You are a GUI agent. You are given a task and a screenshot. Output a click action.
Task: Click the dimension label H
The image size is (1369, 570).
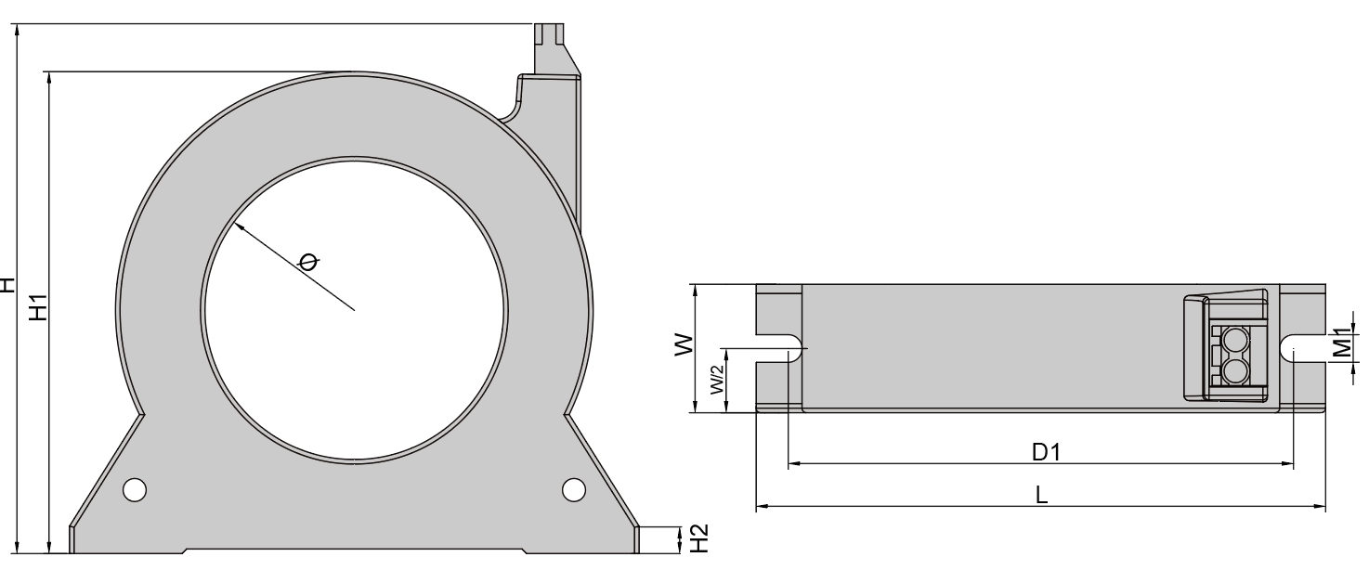point(7,285)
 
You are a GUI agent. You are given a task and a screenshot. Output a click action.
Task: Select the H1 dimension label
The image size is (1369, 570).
point(38,307)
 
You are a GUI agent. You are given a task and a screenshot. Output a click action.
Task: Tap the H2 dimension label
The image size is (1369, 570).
point(699,538)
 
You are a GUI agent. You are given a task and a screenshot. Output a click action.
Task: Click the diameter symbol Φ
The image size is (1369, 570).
point(308,262)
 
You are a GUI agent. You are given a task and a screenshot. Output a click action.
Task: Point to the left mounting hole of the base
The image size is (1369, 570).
point(135,490)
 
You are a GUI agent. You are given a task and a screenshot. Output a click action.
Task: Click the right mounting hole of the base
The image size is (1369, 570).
point(573,490)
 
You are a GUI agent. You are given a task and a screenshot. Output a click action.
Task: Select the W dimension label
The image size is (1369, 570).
point(684,344)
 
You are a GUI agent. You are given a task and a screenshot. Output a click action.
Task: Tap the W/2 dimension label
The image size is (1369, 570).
point(718,378)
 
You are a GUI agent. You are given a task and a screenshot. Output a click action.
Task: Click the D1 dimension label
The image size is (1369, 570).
point(1047,452)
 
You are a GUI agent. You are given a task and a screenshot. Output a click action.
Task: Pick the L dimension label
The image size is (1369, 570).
point(1041,495)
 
